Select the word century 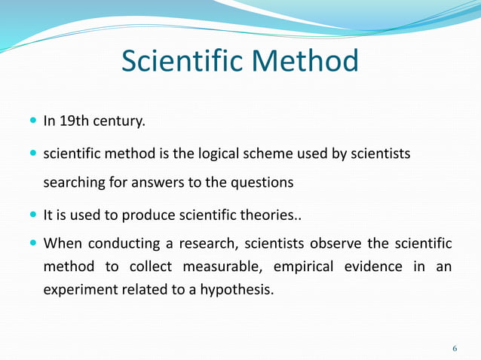(120, 121)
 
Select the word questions (261, 183)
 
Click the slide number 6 (455, 349)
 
